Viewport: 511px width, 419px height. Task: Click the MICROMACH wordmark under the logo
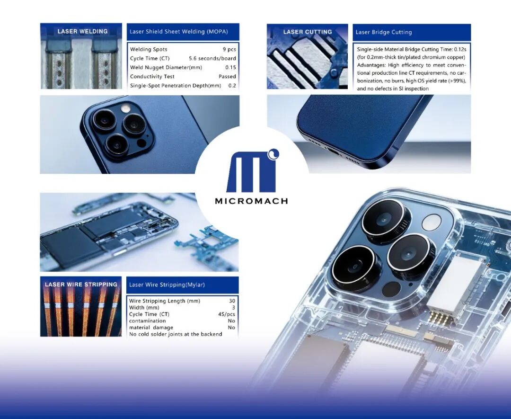click(x=251, y=201)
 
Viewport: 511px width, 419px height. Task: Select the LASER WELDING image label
click(x=82, y=31)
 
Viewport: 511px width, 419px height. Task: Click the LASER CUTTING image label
click(x=308, y=32)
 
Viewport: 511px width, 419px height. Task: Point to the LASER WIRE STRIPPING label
click(x=81, y=285)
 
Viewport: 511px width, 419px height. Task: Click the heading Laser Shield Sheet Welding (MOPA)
click(x=178, y=32)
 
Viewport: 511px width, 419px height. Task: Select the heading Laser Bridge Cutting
click(x=384, y=32)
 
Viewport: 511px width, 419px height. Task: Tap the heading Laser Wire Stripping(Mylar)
click(x=167, y=285)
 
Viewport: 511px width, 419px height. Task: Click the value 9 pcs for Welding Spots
click(x=229, y=49)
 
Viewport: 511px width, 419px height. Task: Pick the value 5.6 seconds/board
click(x=212, y=58)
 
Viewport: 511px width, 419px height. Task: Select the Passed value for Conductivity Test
click(x=227, y=76)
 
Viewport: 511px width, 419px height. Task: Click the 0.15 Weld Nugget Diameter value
click(x=230, y=68)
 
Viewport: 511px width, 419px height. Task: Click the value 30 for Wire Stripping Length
click(x=232, y=301)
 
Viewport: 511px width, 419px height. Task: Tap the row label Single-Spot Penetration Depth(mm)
click(x=176, y=85)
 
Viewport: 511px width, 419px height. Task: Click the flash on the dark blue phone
click(x=125, y=108)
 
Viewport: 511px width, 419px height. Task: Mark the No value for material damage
click(x=231, y=327)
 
